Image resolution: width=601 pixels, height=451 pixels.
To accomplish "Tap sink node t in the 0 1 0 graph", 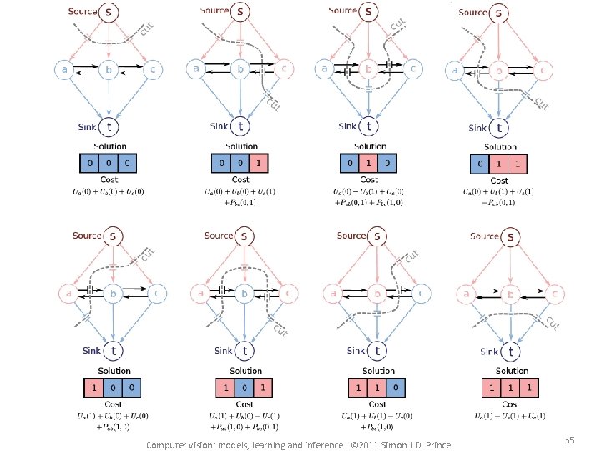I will [x=369, y=126].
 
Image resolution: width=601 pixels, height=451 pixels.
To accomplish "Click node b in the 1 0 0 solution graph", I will [x=109, y=293].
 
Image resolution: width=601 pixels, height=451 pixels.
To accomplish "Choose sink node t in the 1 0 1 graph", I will [x=242, y=351].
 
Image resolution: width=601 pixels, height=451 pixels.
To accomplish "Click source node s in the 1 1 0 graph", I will [x=376, y=236].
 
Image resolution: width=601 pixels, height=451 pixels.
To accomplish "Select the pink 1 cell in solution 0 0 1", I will [x=260, y=163].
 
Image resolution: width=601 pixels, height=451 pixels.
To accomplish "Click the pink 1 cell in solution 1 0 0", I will [x=94, y=388].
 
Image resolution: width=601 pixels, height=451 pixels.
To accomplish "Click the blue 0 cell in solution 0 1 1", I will [x=479, y=164].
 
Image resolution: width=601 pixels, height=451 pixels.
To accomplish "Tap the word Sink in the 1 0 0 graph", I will [x=89, y=351].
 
